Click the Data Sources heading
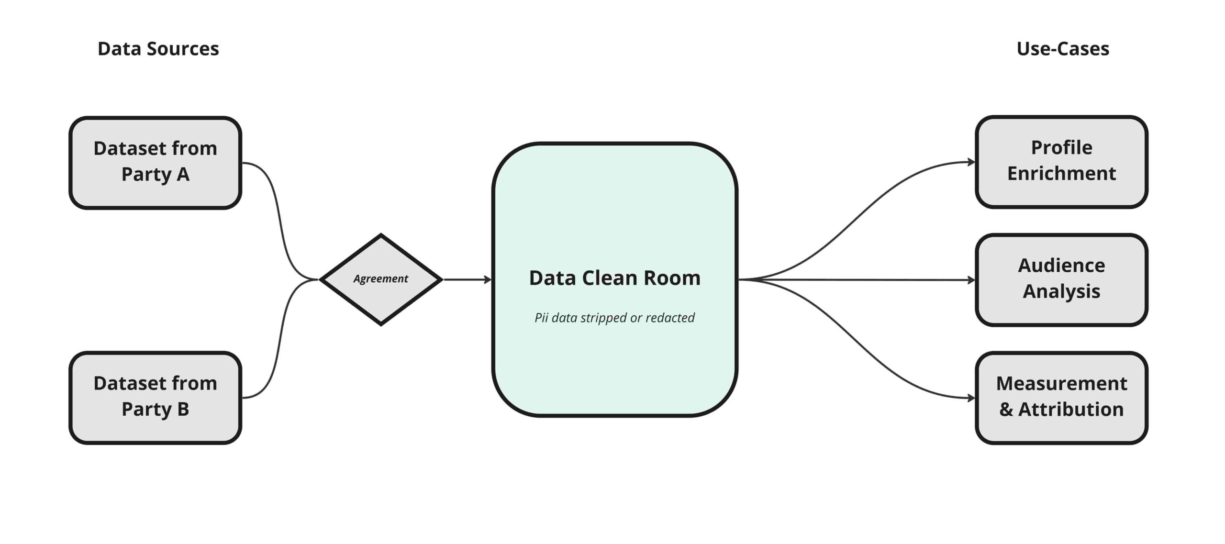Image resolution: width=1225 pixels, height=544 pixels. pyautogui.click(x=158, y=49)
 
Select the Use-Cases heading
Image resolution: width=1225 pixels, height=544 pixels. pyautogui.click(x=1062, y=49)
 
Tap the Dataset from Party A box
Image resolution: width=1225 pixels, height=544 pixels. pyautogui.click(x=155, y=163)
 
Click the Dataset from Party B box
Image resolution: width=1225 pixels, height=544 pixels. pyautogui.click(x=155, y=398)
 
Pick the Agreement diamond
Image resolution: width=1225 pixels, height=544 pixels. pyautogui.click(x=380, y=279)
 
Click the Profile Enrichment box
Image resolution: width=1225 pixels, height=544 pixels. pyautogui.click(x=1061, y=162)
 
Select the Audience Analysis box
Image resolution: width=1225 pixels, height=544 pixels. pyautogui.click(x=1061, y=280)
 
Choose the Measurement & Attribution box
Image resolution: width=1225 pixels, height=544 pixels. pyautogui.click(x=1061, y=398)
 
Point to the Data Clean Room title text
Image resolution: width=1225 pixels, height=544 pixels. pyautogui.click(x=614, y=278)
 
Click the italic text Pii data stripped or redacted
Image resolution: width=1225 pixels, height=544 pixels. pyautogui.click(x=614, y=318)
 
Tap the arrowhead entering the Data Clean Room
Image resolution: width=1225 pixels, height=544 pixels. pyautogui.click(x=488, y=279)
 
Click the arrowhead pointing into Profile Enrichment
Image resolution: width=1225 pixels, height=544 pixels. pyautogui.click(x=971, y=162)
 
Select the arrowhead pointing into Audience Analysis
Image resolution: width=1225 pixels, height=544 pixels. pyautogui.click(x=971, y=280)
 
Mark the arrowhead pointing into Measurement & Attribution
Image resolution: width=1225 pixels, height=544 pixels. pyautogui.click(x=971, y=398)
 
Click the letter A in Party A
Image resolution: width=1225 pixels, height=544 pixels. pyautogui.click(x=183, y=175)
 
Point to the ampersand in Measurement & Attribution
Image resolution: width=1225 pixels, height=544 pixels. pyautogui.click(x=1006, y=410)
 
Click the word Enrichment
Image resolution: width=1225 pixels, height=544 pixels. pyautogui.click(x=1061, y=174)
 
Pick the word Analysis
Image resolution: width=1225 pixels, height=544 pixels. pyautogui.click(x=1061, y=291)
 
